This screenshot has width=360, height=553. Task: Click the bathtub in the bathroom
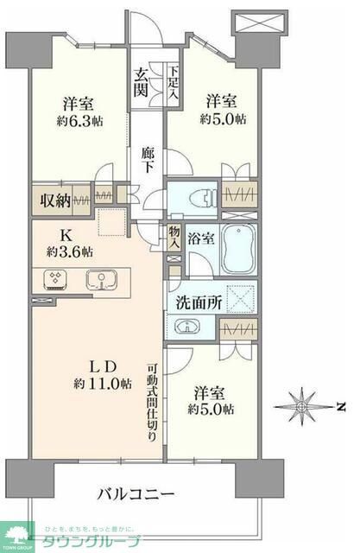[x=241, y=249]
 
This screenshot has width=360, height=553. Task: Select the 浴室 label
[x=201, y=238]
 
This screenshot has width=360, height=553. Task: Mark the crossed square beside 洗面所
[x=240, y=302]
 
